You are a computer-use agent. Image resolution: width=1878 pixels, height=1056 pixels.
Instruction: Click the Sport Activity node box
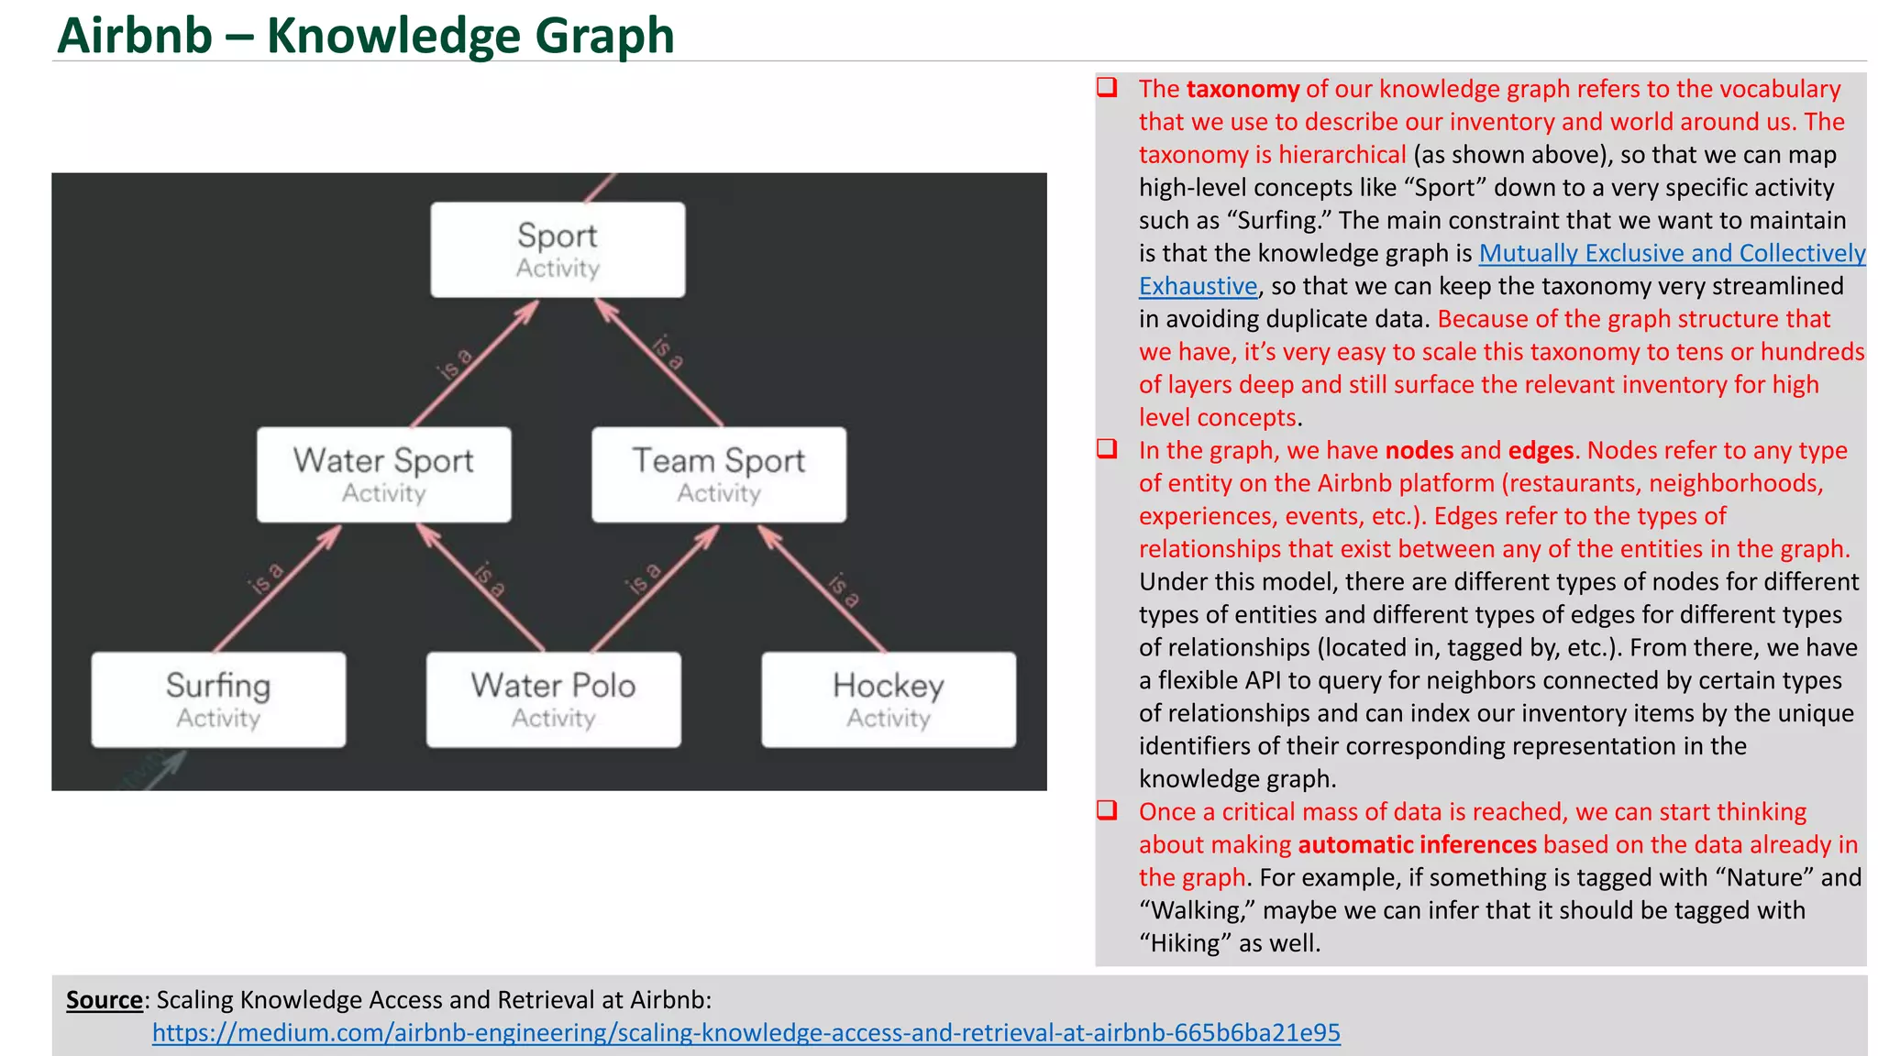click(558, 249)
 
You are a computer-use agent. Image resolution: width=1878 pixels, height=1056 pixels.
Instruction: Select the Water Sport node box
click(383, 474)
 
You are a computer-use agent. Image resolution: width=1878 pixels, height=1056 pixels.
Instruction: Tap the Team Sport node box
click(719, 474)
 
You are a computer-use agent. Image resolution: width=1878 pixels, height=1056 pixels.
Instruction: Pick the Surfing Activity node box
click(218, 699)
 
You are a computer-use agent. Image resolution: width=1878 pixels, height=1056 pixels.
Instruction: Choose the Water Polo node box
click(553, 699)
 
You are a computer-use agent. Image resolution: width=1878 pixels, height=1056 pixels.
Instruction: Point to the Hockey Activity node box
click(888, 699)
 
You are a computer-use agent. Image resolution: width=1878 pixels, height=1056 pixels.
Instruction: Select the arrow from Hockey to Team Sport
click(823, 588)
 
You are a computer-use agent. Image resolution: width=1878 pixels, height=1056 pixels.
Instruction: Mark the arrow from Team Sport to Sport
click(658, 363)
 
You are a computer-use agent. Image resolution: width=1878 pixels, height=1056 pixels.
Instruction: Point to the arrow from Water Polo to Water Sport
click(481, 588)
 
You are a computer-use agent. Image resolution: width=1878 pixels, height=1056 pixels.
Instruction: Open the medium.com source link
click(746, 1033)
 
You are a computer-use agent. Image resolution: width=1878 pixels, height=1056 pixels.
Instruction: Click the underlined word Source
click(104, 1000)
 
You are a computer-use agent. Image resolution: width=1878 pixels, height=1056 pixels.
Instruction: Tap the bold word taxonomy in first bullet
click(1243, 89)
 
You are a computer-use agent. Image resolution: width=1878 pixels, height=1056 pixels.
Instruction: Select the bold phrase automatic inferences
click(1417, 844)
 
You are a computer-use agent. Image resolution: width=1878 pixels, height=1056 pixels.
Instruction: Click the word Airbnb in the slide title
click(135, 36)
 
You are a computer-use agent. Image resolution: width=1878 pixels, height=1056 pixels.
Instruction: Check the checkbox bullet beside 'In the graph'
click(1108, 449)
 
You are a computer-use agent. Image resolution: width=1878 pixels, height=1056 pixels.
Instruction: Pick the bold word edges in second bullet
click(1541, 450)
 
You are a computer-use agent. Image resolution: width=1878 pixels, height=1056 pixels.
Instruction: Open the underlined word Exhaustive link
click(1198, 286)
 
